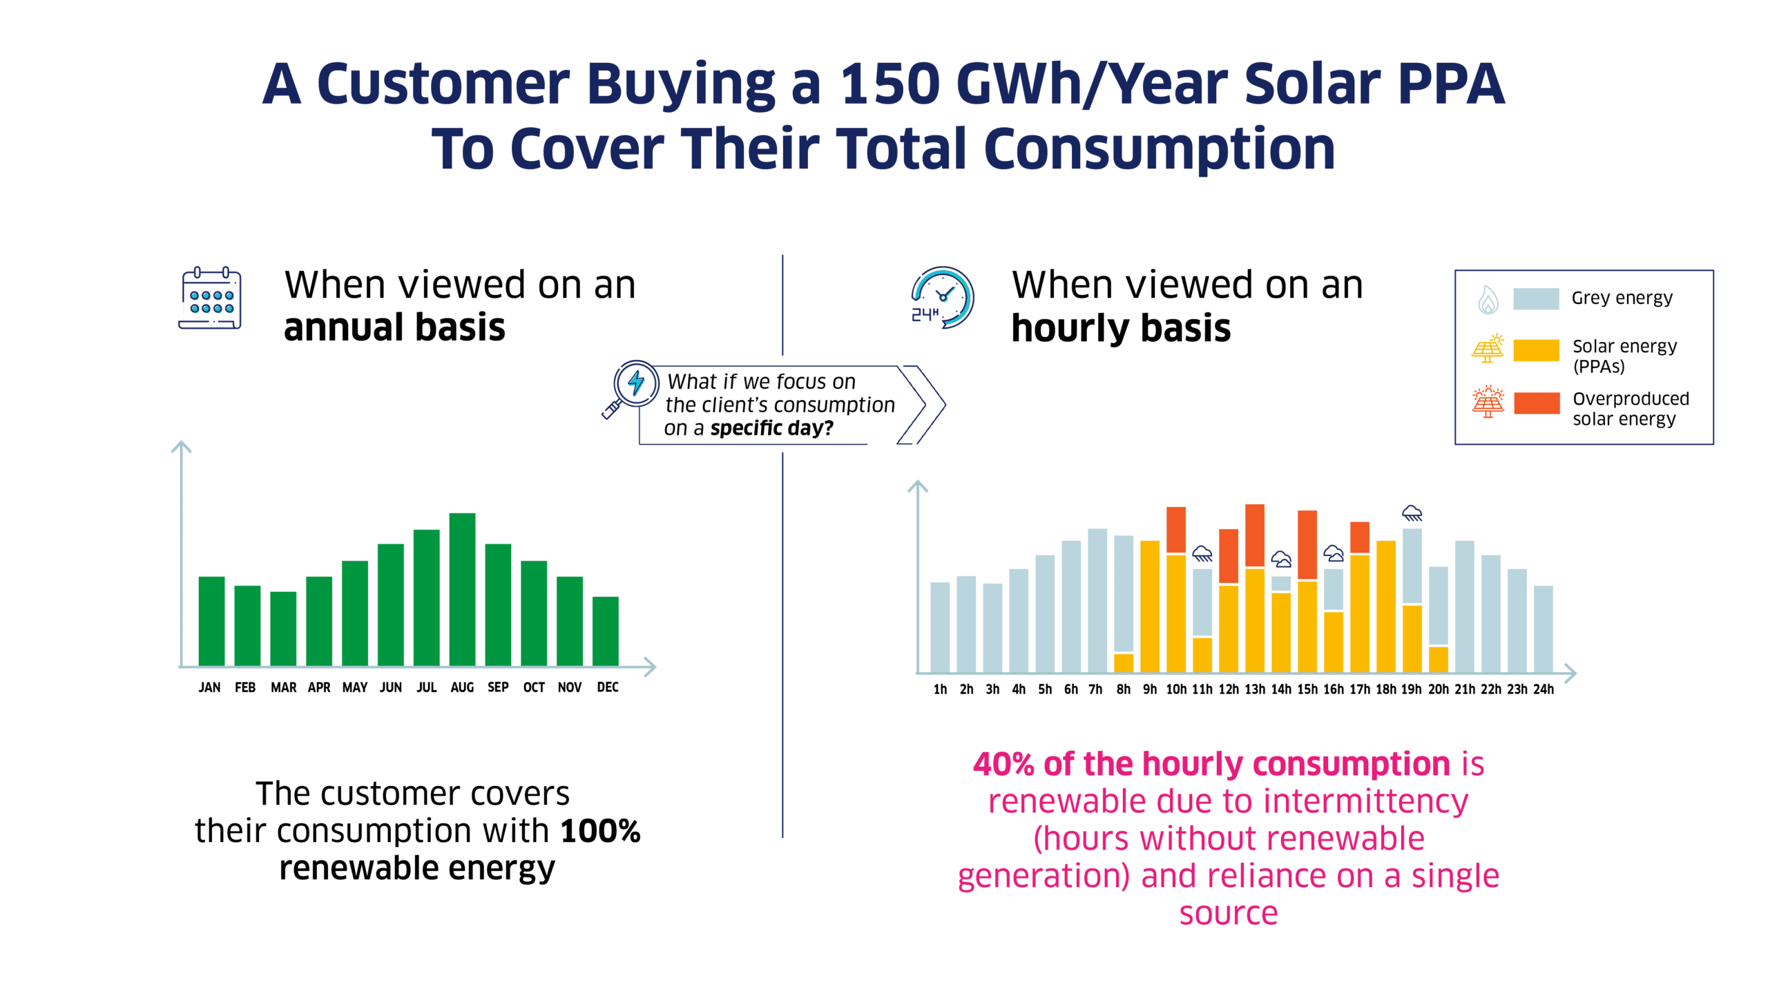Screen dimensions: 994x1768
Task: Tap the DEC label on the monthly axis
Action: coord(608,687)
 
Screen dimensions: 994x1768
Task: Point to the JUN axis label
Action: coord(390,687)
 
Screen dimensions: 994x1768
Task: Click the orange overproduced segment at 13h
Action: coord(1255,535)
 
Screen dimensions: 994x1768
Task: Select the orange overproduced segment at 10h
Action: coord(1176,529)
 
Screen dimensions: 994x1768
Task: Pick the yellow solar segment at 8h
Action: coord(1124,662)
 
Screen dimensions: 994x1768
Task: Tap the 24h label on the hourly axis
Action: coord(1544,689)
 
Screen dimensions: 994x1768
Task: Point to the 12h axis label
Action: coord(1229,689)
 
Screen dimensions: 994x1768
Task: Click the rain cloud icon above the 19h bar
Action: coord(1412,513)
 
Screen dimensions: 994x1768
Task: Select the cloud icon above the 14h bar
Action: coord(1281,559)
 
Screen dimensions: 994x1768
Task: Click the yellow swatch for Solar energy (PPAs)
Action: coord(1536,350)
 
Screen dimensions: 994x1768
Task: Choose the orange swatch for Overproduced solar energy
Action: coord(1536,403)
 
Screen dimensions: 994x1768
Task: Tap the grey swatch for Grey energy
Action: coord(1536,298)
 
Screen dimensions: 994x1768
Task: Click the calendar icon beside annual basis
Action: coord(211,299)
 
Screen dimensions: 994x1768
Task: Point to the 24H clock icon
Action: coord(942,298)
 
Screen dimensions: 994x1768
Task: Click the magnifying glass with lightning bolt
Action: coord(631,388)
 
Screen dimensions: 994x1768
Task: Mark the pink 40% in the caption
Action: coord(1003,764)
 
